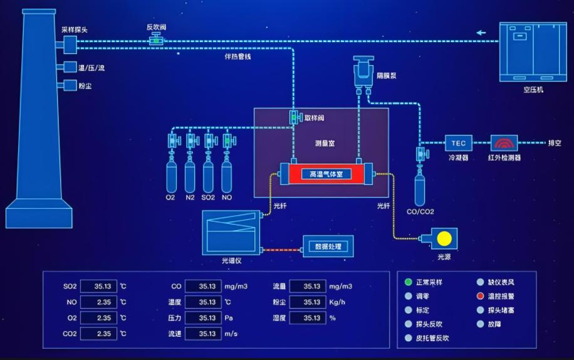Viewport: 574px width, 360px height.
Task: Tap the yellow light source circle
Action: tap(444, 238)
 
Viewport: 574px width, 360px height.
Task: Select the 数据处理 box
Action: tap(328, 246)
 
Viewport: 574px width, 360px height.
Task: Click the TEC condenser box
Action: tap(458, 143)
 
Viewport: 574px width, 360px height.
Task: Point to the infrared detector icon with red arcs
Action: tap(504, 143)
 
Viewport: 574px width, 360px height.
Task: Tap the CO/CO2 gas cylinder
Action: tap(420, 189)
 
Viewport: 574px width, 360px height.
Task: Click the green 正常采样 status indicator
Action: tap(409, 282)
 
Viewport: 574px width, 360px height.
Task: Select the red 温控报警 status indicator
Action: tap(480, 296)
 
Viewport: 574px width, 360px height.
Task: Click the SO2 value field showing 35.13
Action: tap(98, 287)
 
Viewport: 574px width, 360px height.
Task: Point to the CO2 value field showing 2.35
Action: tap(98, 334)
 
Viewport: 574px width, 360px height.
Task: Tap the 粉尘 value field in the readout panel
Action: tap(307, 302)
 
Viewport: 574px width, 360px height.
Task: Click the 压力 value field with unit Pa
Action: tap(203, 318)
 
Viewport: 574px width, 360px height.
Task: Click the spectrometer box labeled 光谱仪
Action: tap(231, 232)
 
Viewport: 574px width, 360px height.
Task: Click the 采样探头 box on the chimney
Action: tap(70, 43)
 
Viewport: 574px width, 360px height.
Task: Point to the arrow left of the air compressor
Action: tap(481, 33)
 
